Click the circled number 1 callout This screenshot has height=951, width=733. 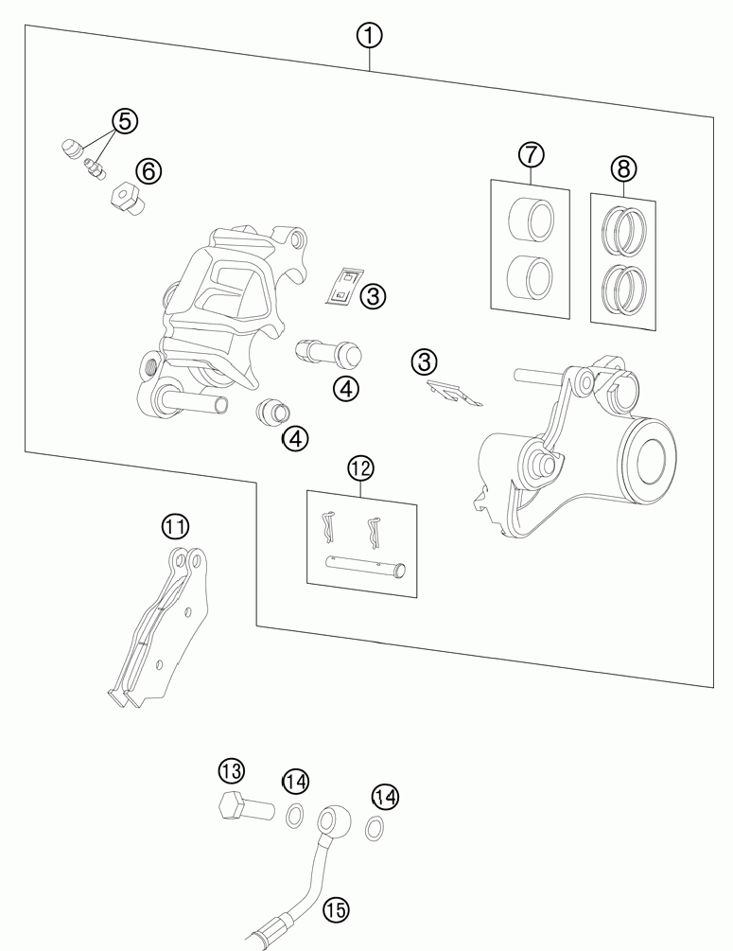pyautogui.click(x=369, y=36)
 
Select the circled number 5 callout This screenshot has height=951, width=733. pyautogui.click(x=125, y=121)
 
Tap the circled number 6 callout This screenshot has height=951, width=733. pyautogui.click(x=148, y=171)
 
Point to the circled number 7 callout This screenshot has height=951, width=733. pyautogui.click(x=532, y=154)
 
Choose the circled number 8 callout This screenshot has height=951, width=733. pyautogui.click(x=624, y=168)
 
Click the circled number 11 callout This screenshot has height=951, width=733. pyautogui.click(x=175, y=526)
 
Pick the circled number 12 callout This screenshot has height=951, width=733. pyautogui.click(x=360, y=468)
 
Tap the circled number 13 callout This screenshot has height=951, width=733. pyautogui.click(x=231, y=771)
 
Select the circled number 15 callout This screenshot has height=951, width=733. pyautogui.click(x=336, y=909)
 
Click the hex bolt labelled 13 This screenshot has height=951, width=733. pyautogui.click(x=246, y=806)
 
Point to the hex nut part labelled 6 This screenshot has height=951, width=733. pyautogui.click(x=128, y=198)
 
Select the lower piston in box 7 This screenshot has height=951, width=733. pyautogui.click(x=530, y=276)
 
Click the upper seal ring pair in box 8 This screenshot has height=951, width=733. pyautogui.click(x=624, y=231)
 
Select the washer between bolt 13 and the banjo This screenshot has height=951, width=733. pyautogui.click(x=295, y=815)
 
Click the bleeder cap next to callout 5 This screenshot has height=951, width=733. pyautogui.click(x=73, y=148)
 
